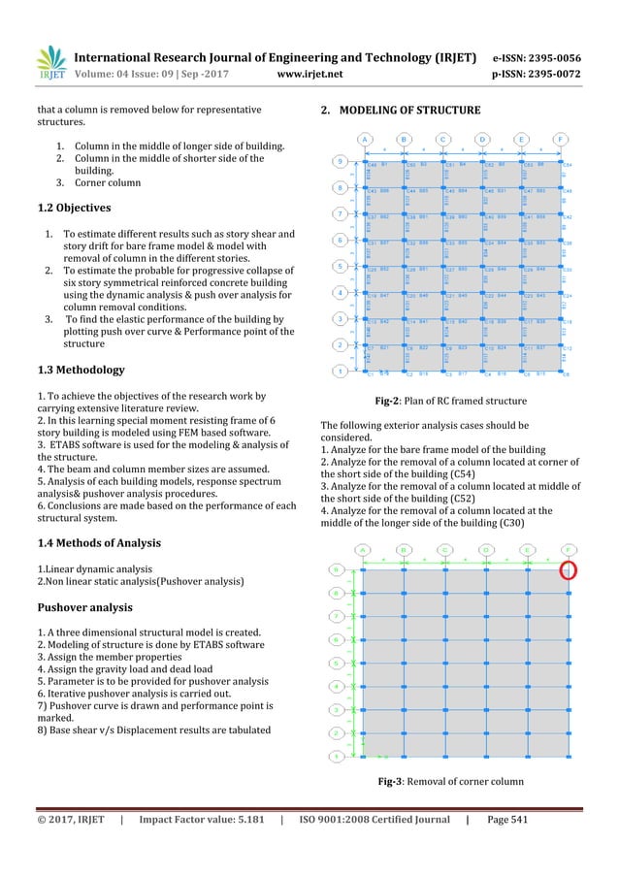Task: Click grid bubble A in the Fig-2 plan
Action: pyautogui.click(x=365, y=138)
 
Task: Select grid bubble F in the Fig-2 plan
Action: pyautogui.click(x=564, y=138)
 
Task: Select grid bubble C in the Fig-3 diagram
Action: pyautogui.click(x=444, y=549)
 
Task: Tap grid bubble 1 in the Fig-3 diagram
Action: pyautogui.click(x=336, y=756)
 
